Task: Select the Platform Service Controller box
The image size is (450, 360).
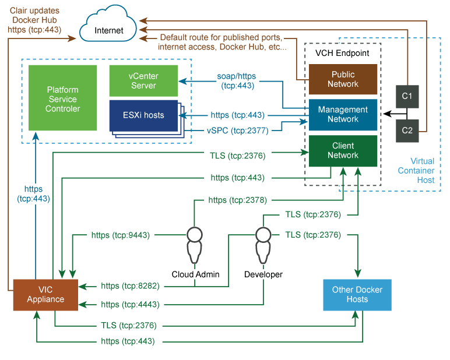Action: [63, 99]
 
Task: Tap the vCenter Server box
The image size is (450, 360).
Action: [143, 81]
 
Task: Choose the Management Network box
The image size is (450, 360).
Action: [343, 114]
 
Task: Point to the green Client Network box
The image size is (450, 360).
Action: [343, 150]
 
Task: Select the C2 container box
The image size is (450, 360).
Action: [407, 130]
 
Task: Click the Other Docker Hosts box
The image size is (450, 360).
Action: [357, 295]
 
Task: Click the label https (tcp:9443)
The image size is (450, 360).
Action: [121, 235]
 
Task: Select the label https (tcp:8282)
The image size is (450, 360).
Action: [130, 286]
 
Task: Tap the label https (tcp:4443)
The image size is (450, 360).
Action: [130, 304]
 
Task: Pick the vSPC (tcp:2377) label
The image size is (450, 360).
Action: [237, 131]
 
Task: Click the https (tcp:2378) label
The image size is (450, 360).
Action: [238, 200]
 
